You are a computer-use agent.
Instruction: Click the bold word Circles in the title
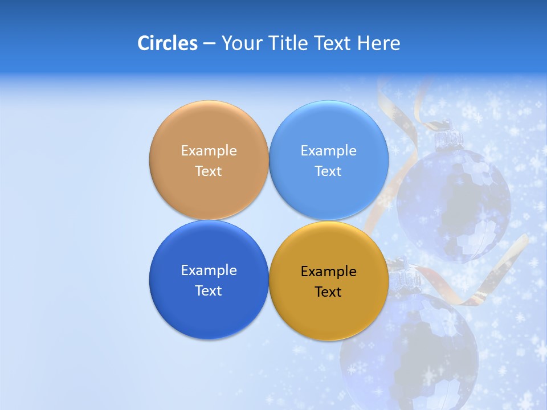click(167, 43)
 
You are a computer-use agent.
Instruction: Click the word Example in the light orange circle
click(209, 151)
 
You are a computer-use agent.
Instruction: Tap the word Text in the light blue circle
click(328, 171)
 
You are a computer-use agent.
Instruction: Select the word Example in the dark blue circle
click(209, 270)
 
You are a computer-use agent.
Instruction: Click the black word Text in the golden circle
click(328, 292)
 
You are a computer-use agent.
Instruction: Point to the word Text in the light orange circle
click(209, 171)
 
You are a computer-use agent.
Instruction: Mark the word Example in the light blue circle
click(328, 151)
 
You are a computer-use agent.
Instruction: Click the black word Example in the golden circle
click(328, 272)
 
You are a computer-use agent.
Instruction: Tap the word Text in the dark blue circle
click(209, 291)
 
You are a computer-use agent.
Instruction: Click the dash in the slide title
click(209, 44)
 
